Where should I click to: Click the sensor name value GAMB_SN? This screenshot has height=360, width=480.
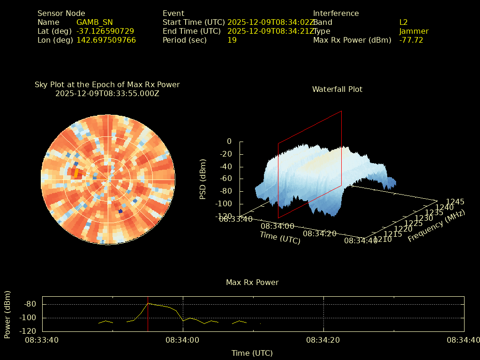[94, 22]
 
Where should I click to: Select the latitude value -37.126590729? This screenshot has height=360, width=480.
[105, 31]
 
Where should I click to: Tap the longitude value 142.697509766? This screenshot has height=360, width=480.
[106, 40]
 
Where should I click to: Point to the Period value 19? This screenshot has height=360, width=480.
[232, 40]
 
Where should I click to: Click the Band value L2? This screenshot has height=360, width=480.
[403, 22]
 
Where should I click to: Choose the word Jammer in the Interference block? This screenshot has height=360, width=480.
[413, 31]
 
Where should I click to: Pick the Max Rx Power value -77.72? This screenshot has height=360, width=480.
[411, 40]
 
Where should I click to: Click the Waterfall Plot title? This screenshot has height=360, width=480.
[337, 89]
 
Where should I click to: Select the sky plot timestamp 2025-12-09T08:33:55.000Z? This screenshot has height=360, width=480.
[107, 93]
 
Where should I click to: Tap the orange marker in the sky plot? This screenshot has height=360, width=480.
[76, 173]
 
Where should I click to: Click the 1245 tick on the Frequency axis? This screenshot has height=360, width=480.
[455, 202]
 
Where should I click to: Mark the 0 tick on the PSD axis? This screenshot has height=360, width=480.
[229, 141]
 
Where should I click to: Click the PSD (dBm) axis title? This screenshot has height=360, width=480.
[203, 179]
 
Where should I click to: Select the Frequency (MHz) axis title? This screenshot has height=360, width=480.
[436, 225]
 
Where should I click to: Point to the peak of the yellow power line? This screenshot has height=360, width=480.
[148, 303]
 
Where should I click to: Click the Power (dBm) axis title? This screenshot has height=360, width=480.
[7, 314]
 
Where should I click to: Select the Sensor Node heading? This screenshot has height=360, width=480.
[61, 13]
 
